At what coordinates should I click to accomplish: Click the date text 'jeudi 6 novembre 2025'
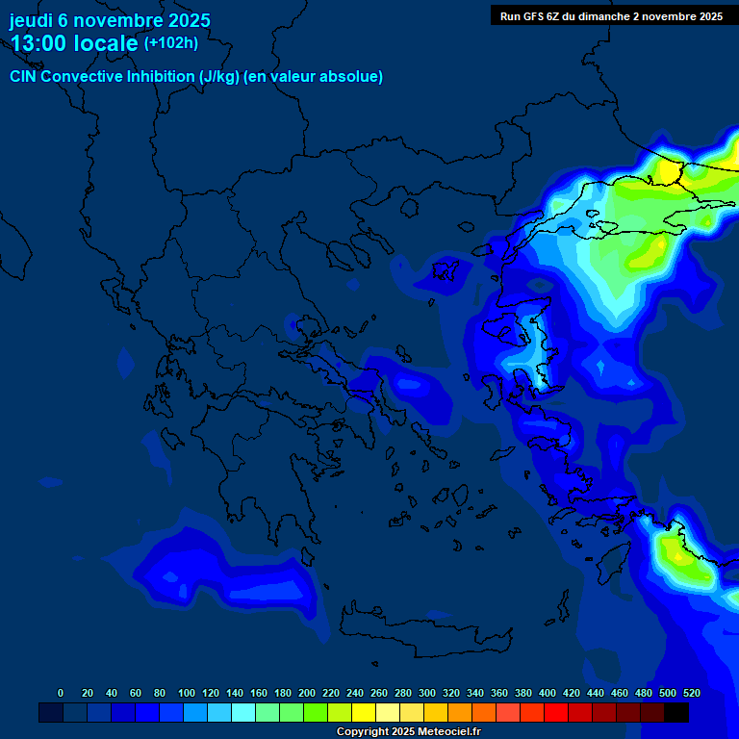[x=110, y=20]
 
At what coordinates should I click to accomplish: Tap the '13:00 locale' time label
[x=74, y=42]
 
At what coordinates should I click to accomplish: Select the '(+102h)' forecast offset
[x=171, y=42]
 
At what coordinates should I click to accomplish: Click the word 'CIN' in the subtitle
[x=24, y=77]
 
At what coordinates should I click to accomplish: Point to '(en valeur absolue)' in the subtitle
[x=314, y=77]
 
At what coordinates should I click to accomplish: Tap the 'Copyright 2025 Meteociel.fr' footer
[x=408, y=731]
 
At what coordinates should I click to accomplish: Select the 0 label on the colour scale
[x=61, y=693]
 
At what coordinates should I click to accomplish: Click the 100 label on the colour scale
[x=187, y=693]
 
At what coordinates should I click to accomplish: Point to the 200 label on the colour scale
[x=307, y=693]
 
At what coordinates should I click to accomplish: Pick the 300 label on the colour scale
[x=427, y=693]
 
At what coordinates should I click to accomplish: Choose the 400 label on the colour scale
[x=548, y=693]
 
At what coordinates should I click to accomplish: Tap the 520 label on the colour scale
[x=691, y=693]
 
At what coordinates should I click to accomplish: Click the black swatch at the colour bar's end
[x=676, y=712]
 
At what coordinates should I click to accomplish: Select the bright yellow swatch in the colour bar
[x=364, y=712]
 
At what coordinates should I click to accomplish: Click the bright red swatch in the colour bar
[x=556, y=712]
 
